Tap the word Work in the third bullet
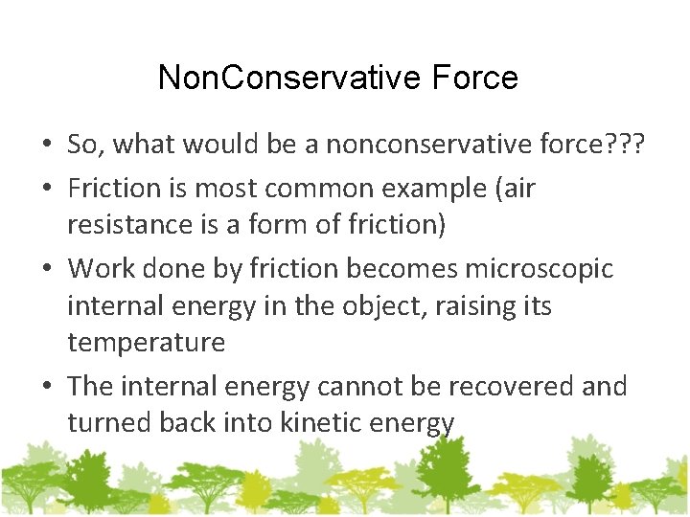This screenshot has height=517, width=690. (101, 269)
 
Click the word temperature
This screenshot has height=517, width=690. (147, 342)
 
